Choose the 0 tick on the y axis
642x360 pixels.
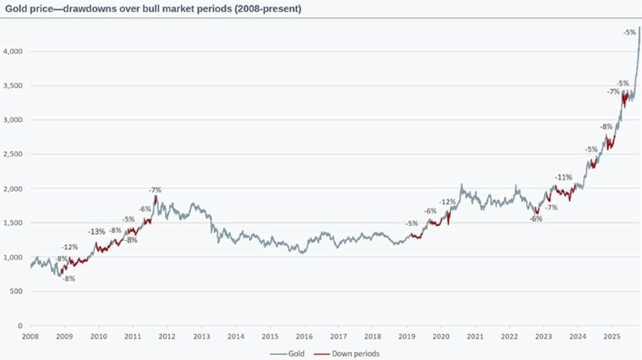20,326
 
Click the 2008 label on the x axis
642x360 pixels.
30,337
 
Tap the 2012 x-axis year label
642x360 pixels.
167,337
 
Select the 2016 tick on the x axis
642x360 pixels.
303,337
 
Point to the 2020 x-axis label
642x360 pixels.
441,337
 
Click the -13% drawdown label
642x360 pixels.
97,232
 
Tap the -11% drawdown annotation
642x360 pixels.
563,177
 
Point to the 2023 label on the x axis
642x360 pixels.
543,337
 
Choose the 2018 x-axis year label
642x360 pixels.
372,337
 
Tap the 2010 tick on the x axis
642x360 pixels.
99,337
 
